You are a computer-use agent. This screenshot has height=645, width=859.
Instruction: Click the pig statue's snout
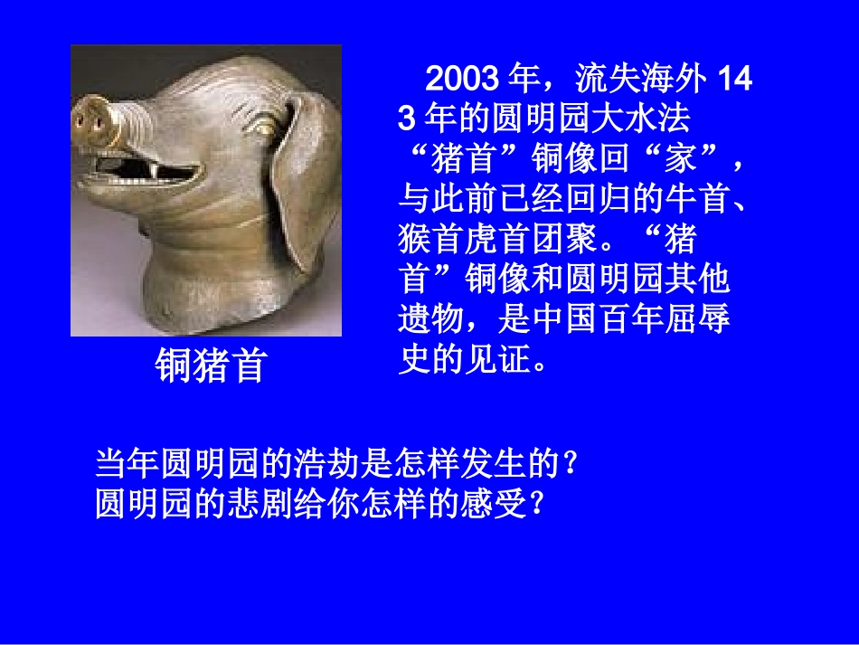(x=91, y=117)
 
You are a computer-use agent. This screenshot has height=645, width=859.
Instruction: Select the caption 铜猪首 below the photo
(x=211, y=365)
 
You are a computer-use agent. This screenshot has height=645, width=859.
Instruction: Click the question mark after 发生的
(x=571, y=465)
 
